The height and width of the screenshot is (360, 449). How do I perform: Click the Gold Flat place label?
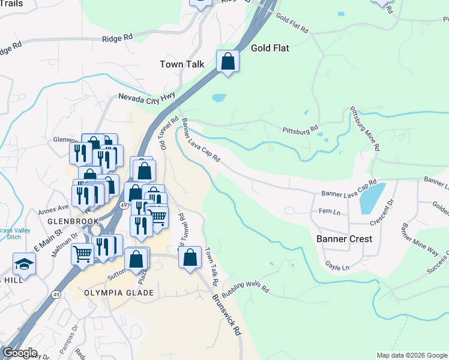click(271, 47)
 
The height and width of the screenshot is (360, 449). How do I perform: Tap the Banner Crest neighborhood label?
click(344, 239)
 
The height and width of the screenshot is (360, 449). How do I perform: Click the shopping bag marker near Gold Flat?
click(228, 61)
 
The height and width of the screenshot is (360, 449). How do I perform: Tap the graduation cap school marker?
click(25, 263)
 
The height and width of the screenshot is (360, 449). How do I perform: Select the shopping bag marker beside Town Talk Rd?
click(190, 258)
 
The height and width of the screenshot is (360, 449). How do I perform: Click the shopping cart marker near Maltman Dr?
click(82, 253)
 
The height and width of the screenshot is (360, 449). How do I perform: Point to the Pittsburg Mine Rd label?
click(366, 129)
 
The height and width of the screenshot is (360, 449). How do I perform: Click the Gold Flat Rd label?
click(292, 23)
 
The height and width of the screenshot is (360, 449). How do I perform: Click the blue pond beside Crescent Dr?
click(372, 199)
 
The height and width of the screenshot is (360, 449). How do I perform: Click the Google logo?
click(20, 353)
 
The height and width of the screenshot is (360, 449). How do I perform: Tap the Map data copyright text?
click(411, 355)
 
